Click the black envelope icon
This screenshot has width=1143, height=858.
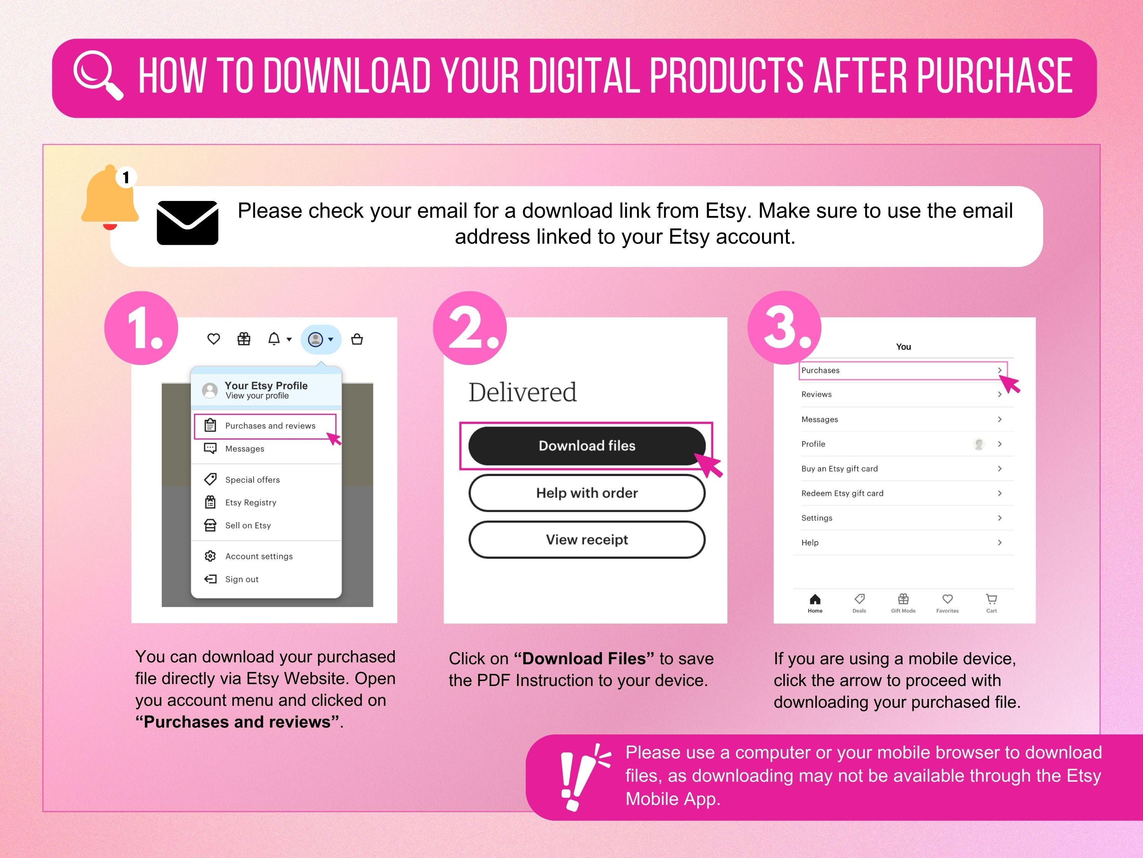(x=187, y=223)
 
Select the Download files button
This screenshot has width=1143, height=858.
(x=586, y=446)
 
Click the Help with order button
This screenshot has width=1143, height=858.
(x=586, y=493)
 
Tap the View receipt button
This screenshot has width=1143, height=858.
(x=586, y=540)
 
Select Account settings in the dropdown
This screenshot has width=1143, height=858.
(x=258, y=556)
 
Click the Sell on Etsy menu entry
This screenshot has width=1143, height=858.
(x=248, y=525)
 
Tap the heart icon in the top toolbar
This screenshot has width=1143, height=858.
(x=213, y=339)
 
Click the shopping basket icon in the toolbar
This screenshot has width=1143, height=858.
(x=357, y=339)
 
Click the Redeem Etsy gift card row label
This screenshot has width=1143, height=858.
(x=842, y=493)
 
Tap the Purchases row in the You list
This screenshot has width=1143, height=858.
(x=902, y=370)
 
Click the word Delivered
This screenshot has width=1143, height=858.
(x=522, y=392)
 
